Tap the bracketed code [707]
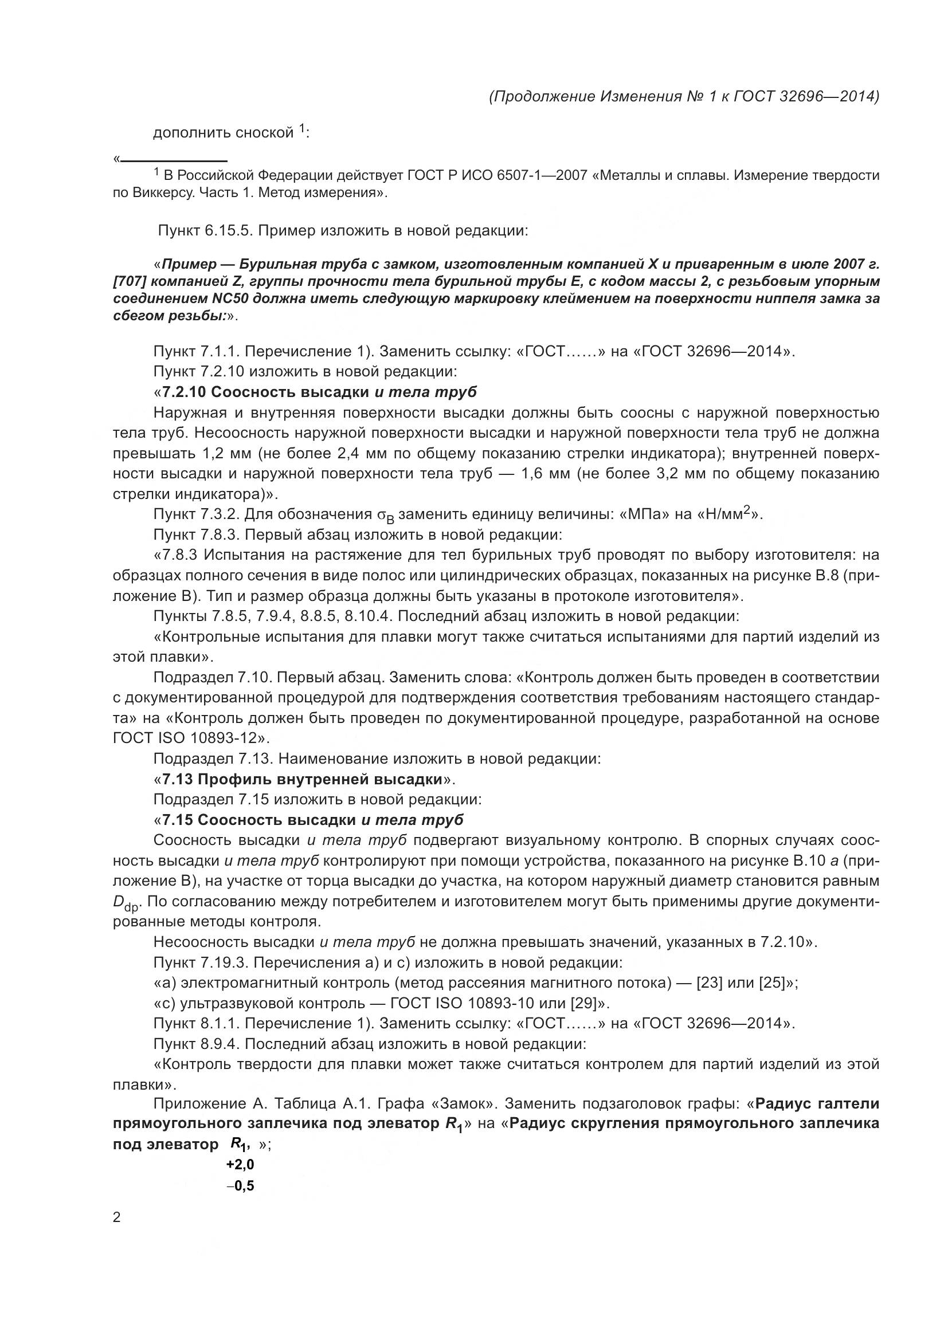(x=130, y=282)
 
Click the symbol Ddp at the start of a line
(x=124, y=903)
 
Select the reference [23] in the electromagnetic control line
(x=709, y=983)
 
